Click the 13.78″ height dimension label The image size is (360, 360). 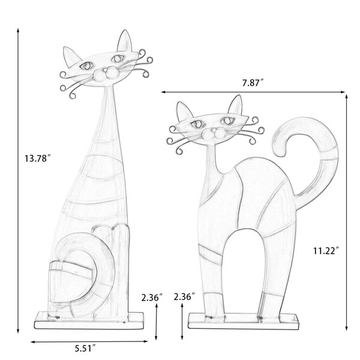point(38,158)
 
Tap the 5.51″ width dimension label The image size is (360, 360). point(85,349)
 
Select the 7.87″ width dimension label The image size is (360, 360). point(253,83)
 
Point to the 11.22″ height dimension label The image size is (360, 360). point(326,251)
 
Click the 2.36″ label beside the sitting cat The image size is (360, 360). point(152,298)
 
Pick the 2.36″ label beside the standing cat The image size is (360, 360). point(184,296)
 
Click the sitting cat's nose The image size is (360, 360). point(105,70)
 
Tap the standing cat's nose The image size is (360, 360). point(214,130)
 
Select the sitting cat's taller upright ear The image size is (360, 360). point(125,41)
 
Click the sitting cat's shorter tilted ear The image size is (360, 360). point(71,56)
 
